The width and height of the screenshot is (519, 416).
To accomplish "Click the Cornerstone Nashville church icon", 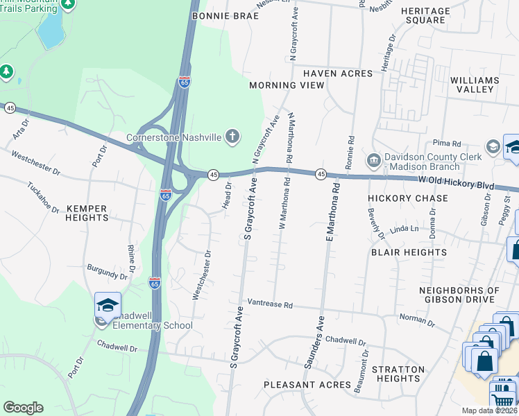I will tap(232, 137).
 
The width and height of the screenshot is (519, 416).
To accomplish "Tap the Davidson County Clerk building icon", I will tap(374, 161).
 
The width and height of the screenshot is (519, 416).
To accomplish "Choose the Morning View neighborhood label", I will tap(287, 85).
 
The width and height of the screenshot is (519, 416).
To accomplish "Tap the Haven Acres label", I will tap(325, 71).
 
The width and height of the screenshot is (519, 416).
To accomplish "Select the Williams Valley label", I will tap(475, 85).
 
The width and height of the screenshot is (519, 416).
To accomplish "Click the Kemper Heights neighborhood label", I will tap(87, 213).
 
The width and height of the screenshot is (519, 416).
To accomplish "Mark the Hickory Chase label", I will tap(408, 198).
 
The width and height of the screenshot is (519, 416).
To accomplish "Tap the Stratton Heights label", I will tap(405, 374).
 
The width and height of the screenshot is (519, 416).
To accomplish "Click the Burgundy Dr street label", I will tap(107, 272).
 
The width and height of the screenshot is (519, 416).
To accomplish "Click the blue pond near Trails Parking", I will tap(49, 30).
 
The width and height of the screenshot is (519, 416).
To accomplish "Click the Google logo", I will tap(23, 408).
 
